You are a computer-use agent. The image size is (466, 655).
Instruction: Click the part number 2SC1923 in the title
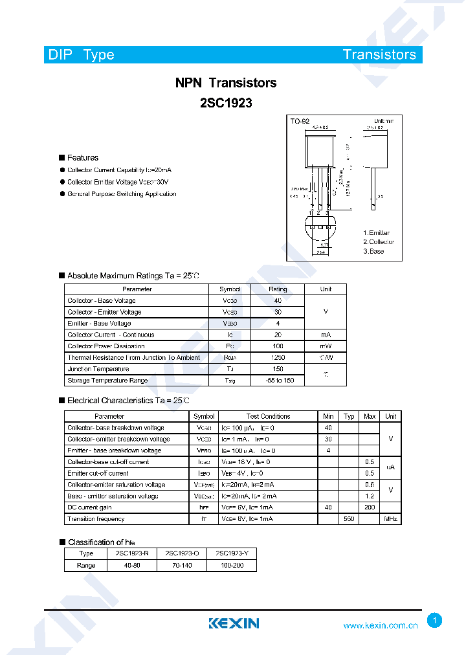226,102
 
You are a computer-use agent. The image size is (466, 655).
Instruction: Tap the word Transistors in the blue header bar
379,54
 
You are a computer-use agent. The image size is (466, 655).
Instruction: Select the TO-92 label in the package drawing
300,121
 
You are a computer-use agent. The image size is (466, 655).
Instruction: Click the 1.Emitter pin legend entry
376,232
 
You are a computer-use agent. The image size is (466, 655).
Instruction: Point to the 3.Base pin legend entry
373,251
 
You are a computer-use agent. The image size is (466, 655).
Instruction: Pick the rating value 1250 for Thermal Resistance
278,358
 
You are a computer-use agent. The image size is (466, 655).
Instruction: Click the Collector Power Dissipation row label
105,346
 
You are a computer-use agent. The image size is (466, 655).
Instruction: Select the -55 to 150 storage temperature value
278,381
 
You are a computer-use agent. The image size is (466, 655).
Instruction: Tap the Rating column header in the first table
278,289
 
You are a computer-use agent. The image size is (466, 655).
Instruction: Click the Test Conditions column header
268,416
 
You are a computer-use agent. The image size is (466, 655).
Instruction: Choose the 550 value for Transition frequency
349,519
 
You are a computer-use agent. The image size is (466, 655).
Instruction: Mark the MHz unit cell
390,519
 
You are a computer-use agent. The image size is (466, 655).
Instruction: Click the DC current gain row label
89,507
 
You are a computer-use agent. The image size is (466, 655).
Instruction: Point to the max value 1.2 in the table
370,496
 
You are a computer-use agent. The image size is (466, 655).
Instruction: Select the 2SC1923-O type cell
182,553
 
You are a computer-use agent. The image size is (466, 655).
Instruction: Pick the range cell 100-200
232,565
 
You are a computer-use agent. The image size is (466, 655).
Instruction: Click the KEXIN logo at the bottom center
234,623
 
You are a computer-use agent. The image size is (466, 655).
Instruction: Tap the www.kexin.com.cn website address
380,625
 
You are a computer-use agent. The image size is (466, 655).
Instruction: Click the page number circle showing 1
435,621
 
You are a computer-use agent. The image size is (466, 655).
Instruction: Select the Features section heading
82,157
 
